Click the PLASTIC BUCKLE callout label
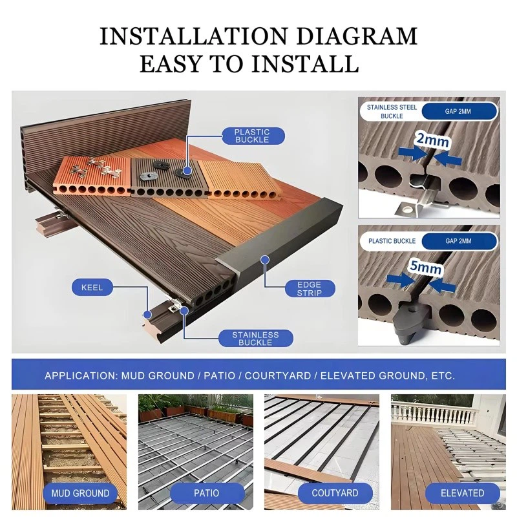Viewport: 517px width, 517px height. point(253,136)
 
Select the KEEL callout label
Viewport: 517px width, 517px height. point(92,288)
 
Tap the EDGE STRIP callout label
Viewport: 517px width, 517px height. point(310,289)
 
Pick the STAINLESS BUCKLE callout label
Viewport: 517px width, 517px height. point(255,338)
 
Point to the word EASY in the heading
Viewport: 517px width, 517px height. point(171,63)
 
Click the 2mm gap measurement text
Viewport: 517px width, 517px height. point(432,140)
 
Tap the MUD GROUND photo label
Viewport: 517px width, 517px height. point(80,493)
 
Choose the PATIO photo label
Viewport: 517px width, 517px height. point(206,493)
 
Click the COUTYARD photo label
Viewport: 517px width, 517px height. point(335,493)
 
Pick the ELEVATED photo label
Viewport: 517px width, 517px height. point(462,493)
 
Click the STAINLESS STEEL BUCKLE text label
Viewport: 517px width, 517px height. point(392,111)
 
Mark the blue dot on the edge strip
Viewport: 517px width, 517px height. point(264,260)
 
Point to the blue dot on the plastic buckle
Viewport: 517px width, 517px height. point(187,171)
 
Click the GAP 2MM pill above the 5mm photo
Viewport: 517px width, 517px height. point(459,241)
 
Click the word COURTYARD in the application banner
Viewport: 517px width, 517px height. point(278,376)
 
